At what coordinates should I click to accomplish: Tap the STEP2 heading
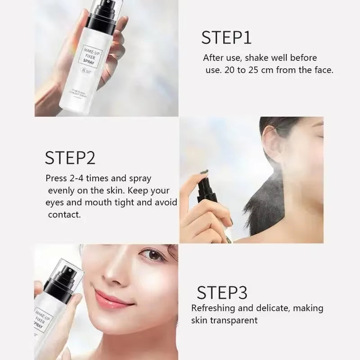[x=70, y=158]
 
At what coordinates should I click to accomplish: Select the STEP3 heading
[x=222, y=292]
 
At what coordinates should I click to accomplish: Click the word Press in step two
[x=57, y=178]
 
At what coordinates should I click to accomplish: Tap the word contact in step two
[x=64, y=215]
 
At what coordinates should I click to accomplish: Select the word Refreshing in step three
[x=214, y=308]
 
